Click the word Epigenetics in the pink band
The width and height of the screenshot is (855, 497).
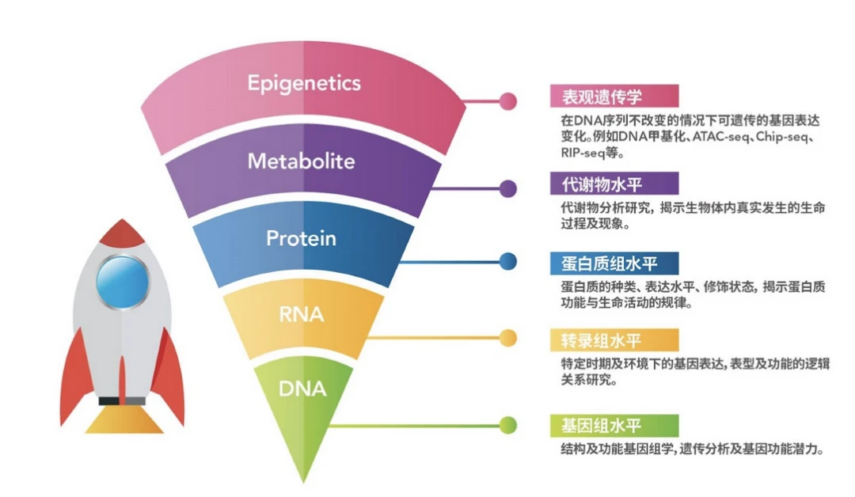click(304, 83)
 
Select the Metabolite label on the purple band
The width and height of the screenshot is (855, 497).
click(301, 161)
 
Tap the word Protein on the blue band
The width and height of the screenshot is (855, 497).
click(301, 238)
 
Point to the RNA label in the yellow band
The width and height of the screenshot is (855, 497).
click(302, 314)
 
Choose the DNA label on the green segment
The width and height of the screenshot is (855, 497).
click(302, 389)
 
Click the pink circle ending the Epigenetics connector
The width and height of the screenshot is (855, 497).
click(508, 101)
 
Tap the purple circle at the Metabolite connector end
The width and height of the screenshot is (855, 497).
click(508, 188)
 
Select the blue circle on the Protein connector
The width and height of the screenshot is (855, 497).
click(508, 262)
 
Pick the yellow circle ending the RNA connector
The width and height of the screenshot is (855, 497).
click(508, 338)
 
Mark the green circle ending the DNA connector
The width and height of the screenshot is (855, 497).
click(508, 426)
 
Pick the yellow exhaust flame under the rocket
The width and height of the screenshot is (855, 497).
click(123, 419)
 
